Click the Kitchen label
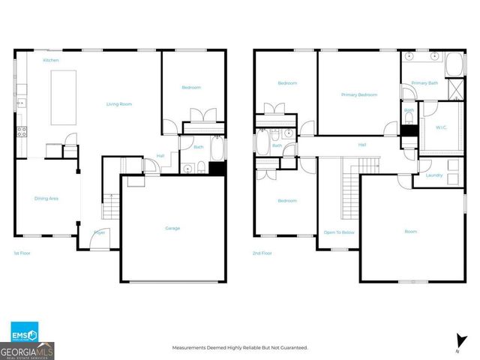tap(51, 60)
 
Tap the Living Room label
tap(118, 104)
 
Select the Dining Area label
tap(46, 198)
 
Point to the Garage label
tap(172, 228)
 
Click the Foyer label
tap(99, 232)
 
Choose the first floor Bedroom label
tap(191, 88)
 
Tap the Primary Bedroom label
tap(358, 94)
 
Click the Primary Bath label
tap(424, 83)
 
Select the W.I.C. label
tap(442, 127)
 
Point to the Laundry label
tap(433, 175)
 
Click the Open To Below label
tap(339, 232)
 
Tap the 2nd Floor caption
tap(262, 253)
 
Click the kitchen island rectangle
tap(64, 97)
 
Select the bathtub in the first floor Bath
tap(217, 151)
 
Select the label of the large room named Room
tap(411, 232)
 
